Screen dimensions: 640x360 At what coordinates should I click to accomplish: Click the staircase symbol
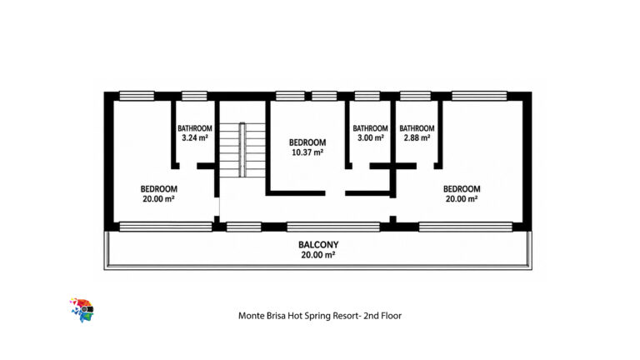[242, 150]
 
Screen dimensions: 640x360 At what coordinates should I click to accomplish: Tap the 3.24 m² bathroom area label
[195, 138]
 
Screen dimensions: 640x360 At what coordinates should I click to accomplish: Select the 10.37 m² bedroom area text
[307, 152]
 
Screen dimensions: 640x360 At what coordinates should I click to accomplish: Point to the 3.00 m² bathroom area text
[371, 138]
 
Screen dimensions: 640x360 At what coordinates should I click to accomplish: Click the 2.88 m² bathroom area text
[417, 138]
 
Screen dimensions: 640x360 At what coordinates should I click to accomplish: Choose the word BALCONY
[318, 245]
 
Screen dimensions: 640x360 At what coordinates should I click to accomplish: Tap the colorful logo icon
[82, 310]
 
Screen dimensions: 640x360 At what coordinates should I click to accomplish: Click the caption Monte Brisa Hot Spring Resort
[299, 316]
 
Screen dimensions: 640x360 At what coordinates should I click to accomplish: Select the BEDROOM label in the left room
[159, 189]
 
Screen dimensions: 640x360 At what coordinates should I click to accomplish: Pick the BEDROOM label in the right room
[462, 189]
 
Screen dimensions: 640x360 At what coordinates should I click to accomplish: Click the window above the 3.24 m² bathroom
[194, 96]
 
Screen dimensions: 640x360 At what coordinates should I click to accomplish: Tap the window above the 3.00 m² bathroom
[367, 96]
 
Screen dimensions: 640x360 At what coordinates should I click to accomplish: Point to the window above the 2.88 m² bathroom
[416, 96]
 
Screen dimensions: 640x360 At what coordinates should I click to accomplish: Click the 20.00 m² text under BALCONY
[318, 255]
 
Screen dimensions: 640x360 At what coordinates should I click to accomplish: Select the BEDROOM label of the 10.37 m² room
[307, 142]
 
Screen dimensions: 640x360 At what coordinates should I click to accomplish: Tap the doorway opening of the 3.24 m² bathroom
[188, 166]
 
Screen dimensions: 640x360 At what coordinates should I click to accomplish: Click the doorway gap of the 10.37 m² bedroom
[335, 193]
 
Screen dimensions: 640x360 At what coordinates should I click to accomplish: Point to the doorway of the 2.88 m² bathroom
[425, 166]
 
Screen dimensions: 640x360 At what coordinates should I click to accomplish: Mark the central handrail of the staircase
[242, 150]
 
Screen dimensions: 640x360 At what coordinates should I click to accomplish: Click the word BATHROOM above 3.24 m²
[195, 128]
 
